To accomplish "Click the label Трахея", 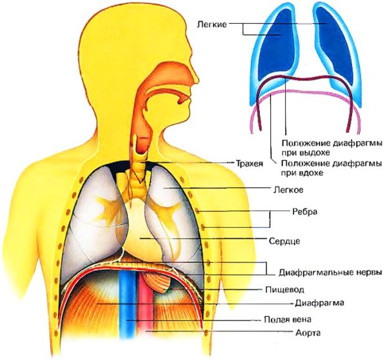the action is tap(250, 163).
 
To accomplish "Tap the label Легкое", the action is tap(288, 190).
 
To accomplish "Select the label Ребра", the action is tap(305, 212).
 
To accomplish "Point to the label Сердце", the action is tap(284, 241).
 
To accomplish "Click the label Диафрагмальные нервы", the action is tap(330, 273).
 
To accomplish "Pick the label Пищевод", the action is tap(284, 290).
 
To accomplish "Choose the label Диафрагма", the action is tap(319, 303).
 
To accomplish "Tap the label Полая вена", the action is tap(287, 319).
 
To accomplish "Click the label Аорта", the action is tap(308, 333).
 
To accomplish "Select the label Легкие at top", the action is tap(212, 25).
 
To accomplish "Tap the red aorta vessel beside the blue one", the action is tap(146, 308).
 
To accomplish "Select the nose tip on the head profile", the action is tap(198, 79).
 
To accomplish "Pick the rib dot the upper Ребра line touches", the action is tap(197, 210).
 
